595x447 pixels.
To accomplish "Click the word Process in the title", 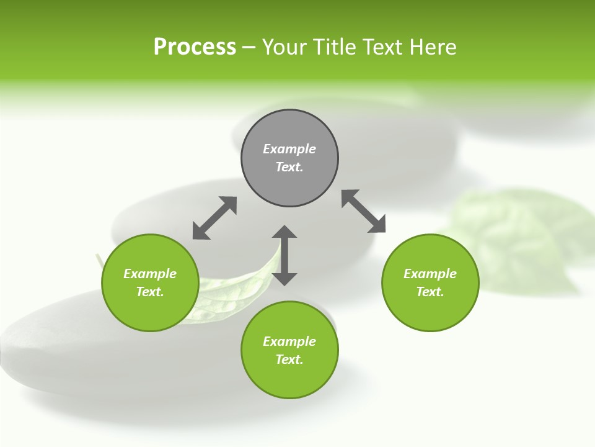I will (x=195, y=47).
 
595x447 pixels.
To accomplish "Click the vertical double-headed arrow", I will (x=284, y=255).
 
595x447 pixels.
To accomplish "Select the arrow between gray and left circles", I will (x=214, y=218).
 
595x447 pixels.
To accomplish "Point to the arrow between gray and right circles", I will (x=364, y=211).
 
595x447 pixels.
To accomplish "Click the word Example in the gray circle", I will (x=289, y=149).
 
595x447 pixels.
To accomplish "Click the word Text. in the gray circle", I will (x=289, y=167).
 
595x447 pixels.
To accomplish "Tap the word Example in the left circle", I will (x=150, y=274).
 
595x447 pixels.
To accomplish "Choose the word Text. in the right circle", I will (x=430, y=292).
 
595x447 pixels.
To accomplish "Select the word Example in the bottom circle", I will (x=289, y=341).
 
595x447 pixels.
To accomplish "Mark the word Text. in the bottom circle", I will (x=289, y=359).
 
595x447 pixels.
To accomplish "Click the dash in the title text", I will (x=249, y=48).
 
